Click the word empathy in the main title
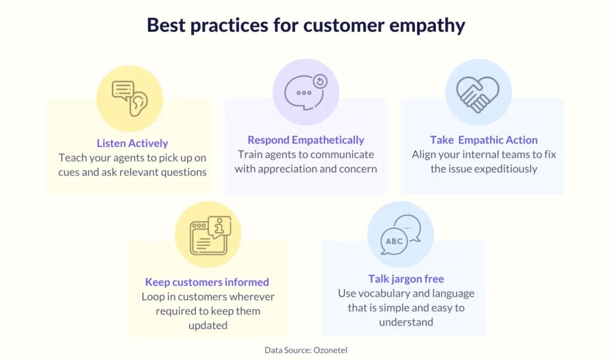427,26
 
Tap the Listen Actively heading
132,144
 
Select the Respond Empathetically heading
305,140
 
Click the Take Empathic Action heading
484,140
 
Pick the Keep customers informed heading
207,282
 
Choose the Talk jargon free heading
406,279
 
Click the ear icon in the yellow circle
139,104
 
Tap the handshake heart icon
478,94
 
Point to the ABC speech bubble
394,242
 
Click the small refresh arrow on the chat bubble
320,81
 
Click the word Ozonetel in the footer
330,350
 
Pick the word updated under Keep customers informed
207,325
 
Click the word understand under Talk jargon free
406,322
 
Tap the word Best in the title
166,25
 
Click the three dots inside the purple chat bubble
304,93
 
